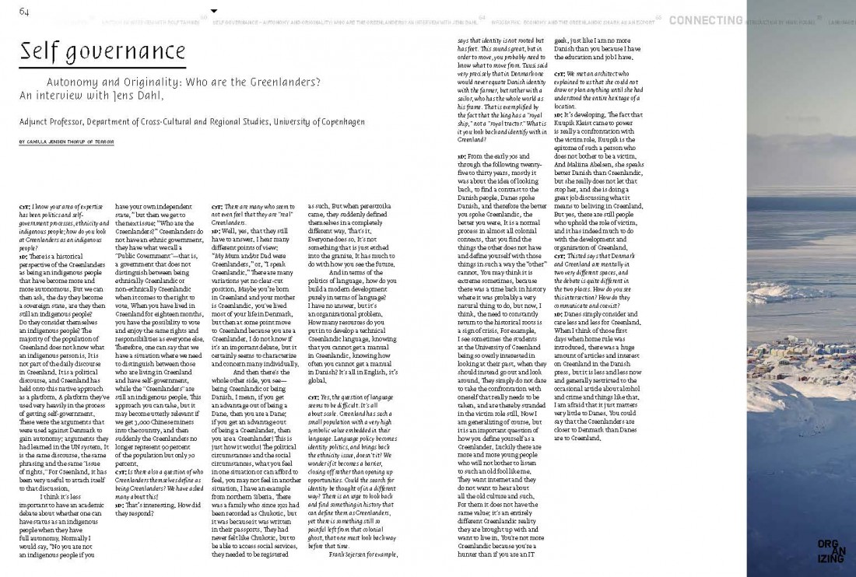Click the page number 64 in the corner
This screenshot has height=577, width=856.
pyautogui.click(x=24, y=11)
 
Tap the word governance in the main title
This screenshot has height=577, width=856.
pyautogui.click(x=128, y=54)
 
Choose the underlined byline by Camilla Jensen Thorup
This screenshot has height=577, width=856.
pyautogui.click(x=65, y=142)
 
